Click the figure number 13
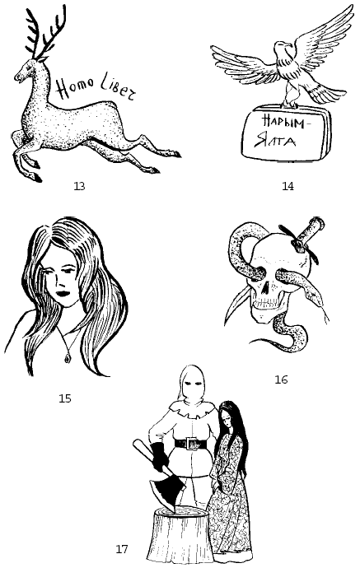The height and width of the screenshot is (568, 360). tap(79, 186)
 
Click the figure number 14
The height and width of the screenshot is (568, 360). tap(288, 186)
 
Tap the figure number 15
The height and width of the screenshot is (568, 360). tap(65, 398)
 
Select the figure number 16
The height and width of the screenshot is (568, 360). tap(282, 379)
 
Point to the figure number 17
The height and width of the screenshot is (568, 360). tap(122, 549)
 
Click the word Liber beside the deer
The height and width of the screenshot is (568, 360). tap(118, 90)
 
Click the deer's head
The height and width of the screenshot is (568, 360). tap(29, 69)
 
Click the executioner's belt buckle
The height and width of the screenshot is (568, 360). tap(191, 444)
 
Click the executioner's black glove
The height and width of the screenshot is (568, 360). tap(159, 456)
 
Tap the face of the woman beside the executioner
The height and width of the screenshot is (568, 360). tap(227, 421)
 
